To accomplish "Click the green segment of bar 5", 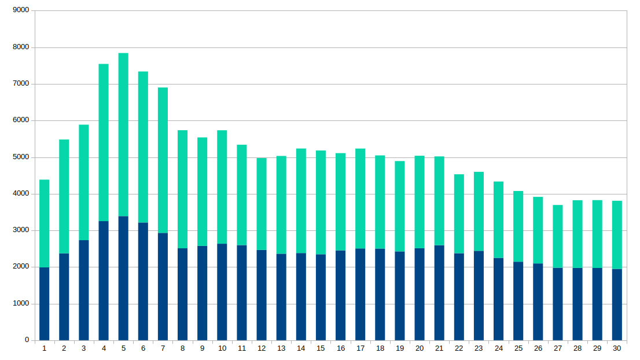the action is [123, 135].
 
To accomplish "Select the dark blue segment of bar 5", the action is [123, 278].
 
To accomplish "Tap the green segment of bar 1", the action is [45, 223].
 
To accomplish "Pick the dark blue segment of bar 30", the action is [617, 305].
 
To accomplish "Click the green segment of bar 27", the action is [558, 237].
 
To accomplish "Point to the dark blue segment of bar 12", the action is [262, 295].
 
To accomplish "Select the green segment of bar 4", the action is [104, 143].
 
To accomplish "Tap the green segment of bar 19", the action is [400, 207].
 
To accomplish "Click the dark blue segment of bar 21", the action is [439, 293].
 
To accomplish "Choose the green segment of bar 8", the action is [182, 189].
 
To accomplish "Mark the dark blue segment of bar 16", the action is [340, 296].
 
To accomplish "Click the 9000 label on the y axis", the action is [21, 10].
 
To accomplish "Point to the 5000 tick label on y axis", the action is [21, 157].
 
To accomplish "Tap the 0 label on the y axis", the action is [27, 340].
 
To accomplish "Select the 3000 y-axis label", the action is [21, 230].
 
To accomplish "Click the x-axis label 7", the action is [163, 348].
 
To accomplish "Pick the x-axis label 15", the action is [321, 348].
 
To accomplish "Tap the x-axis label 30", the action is [617, 348].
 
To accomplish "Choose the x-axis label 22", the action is [459, 348].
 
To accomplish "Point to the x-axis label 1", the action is [45, 348].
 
